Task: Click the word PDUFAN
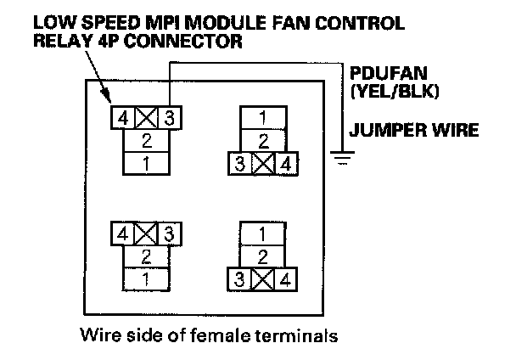tap(379, 73)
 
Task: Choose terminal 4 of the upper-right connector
tap(289, 164)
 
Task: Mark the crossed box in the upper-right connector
tap(265, 164)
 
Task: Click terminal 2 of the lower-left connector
tap(148, 256)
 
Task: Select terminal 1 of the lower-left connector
tap(148, 278)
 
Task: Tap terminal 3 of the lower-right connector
tap(241, 278)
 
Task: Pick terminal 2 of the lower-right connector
tap(265, 256)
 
